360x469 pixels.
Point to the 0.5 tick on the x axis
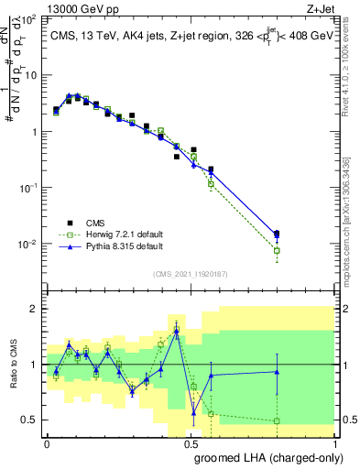pyautogui.click(x=190, y=442)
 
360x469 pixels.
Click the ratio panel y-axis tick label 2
pyautogui.click(x=35, y=309)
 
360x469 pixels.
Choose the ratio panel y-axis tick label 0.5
pyautogui.click(x=30, y=420)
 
